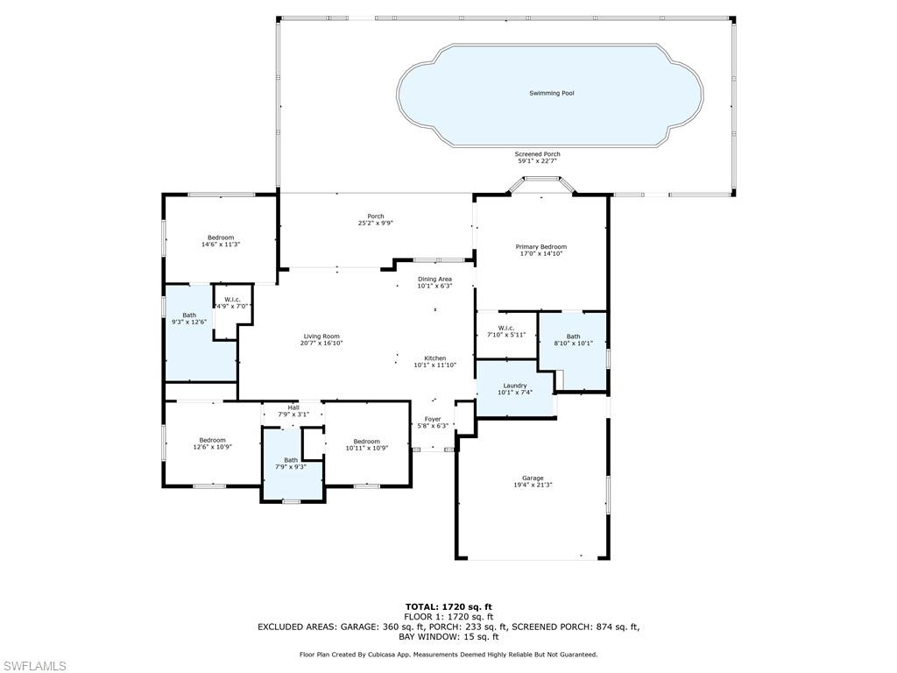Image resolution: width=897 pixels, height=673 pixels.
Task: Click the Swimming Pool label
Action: [551, 93]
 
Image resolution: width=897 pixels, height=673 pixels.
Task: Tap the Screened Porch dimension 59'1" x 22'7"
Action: [538, 161]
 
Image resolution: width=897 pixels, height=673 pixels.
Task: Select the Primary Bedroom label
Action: [540, 247]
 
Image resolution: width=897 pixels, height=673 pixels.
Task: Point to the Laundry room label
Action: [514, 386]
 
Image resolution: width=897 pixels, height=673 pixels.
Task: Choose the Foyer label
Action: [433, 420]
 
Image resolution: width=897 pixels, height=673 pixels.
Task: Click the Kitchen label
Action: [435, 358]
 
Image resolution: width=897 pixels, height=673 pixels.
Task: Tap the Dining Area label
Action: [434, 280]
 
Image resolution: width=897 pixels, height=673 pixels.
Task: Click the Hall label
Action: [293, 407]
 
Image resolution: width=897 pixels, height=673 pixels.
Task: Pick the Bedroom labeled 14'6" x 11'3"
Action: [221, 238]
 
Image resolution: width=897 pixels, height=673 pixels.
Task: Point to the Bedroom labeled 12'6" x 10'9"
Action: [212, 441]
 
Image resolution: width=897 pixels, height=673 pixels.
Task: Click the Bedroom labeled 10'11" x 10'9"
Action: [366, 442]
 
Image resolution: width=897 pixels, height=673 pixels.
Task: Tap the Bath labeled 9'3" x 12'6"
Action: [189, 315]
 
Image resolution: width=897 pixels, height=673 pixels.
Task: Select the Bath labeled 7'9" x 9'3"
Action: [291, 460]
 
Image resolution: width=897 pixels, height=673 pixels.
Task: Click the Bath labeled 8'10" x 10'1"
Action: [573, 336]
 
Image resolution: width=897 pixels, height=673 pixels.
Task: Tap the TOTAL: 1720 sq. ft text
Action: [448, 606]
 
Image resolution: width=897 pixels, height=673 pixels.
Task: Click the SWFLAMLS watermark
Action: [34, 666]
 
